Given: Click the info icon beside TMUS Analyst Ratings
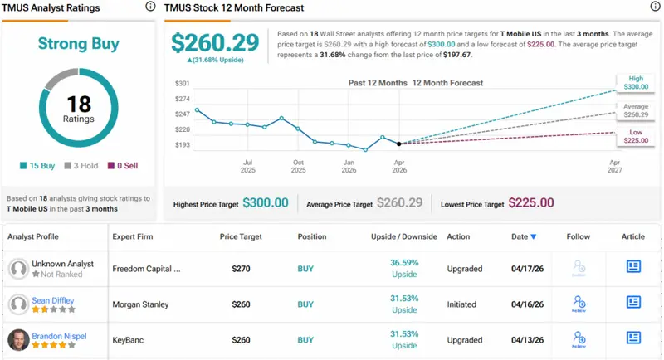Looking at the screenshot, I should (x=149, y=7).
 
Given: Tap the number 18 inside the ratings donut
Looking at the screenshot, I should (x=77, y=104).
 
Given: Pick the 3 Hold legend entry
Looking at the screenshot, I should (x=83, y=166).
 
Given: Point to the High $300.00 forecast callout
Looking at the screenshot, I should (x=634, y=81).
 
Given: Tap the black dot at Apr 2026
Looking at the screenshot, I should (x=400, y=144).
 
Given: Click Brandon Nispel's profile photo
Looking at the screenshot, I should (x=17, y=339).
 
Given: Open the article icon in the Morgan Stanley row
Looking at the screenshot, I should (x=633, y=303).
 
